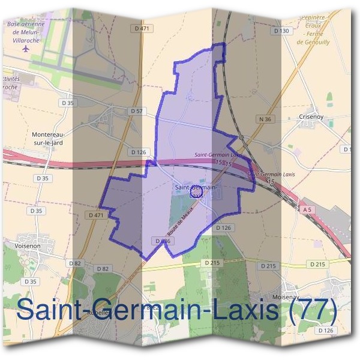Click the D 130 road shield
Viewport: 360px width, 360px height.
click(x=281, y=31)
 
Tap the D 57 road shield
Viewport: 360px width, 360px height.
click(x=137, y=111)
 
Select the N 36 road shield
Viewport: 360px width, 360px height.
click(x=265, y=119)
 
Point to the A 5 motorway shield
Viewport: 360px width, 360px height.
click(x=307, y=209)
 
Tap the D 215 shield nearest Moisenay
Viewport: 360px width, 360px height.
click(x=269, y=265)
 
